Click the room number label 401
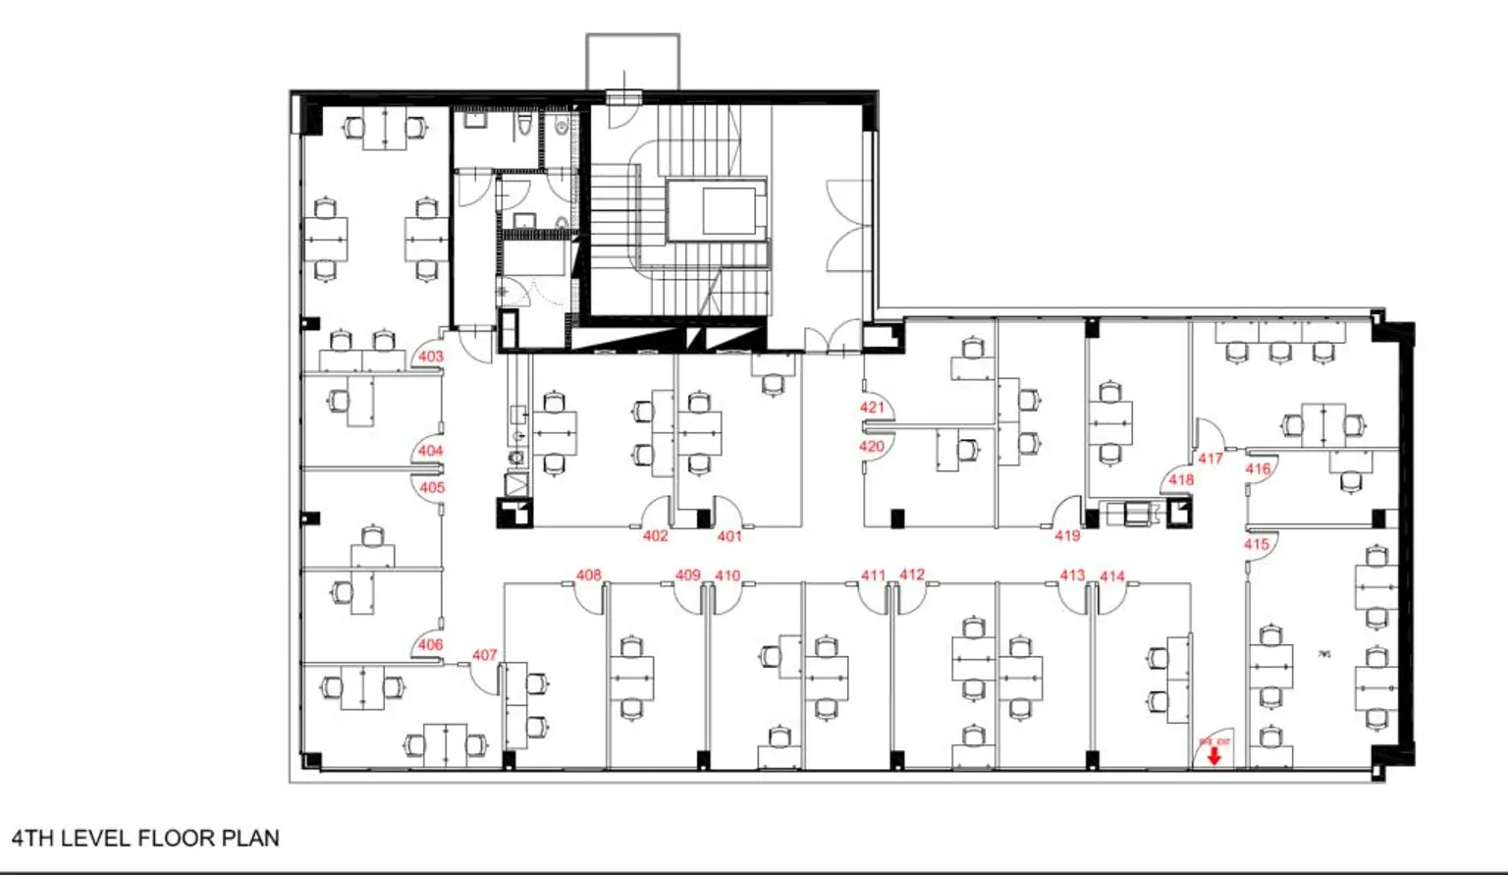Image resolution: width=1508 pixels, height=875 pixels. click(x=728, y=536)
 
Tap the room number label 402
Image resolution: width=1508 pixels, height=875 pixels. click(x=655, y=536)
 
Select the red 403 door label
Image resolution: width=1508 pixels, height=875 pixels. click(x=431, y=356)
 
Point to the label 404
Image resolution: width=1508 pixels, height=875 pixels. click(x=431, y=451)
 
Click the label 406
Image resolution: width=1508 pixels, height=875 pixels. click(x=430, y=645)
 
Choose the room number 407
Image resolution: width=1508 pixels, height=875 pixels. click(x=484, y=655)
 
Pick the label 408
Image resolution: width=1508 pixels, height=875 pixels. click(x=588, y=575)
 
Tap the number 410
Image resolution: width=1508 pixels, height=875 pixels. click(x=727, y=575)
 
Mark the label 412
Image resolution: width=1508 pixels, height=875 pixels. click(x=912, y=574)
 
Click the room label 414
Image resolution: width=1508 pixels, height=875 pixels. click(x=1112, y=576)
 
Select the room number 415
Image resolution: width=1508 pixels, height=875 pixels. click(x=1257, y=544)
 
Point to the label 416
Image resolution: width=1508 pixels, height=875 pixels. click(x=1258, y=469)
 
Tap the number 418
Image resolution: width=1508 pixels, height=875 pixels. click(x=1181, y=480)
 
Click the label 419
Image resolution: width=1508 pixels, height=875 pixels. click(x=1067, y=536)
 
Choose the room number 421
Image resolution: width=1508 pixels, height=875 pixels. click(x=872, y=408)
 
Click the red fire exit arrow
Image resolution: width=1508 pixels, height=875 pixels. click(x=1214, y=755)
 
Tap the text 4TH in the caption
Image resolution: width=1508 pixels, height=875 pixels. click(x=33, y=839)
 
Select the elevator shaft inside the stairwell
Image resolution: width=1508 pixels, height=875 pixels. click(x=716, y=210)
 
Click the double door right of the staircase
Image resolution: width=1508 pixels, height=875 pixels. click(x=846, y=226)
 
